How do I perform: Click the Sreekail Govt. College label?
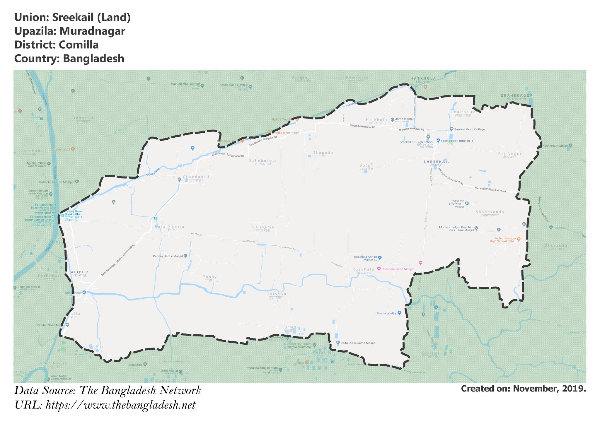[x=469, y=129]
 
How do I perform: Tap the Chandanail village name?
[x=196, y=177]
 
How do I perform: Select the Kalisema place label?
[x=263, y=227]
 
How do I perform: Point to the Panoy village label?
[x=210, y=277]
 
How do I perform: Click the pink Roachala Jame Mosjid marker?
[x=379, y=269]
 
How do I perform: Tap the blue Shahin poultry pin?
[x=399, y=313]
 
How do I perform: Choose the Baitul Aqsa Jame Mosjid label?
[x=358, y=343]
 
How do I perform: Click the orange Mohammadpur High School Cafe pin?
[x=519, y=239]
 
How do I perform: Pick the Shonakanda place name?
[x=490, y=212]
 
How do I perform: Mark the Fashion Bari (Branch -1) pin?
[x=438, y=141]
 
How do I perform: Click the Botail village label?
[x=366, y=166]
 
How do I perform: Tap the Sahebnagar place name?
[x=263, y=161]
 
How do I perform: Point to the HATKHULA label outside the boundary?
[x=423, y=78]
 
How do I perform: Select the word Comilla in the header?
[x=79, y=45]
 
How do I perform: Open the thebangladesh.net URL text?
[x=120, y=405]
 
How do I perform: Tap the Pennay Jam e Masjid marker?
[x=185, y=256]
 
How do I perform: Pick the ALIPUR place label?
[x=79, y=272]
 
